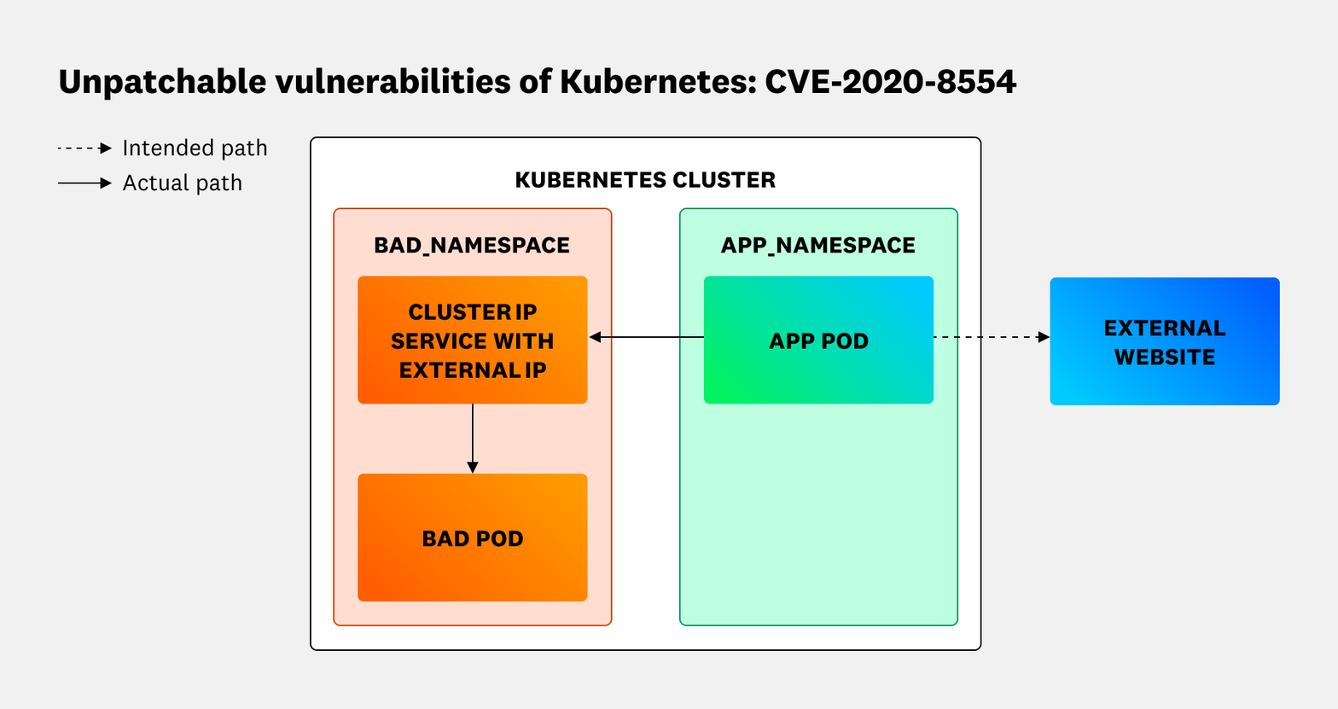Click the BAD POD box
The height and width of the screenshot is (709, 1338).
472,538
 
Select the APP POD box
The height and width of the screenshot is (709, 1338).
818,340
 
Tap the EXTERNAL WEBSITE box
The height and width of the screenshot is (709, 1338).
1164,341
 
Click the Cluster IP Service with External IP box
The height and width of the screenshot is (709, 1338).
472,340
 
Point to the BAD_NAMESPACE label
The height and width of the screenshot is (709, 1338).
472,246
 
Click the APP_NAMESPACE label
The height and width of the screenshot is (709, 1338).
817,246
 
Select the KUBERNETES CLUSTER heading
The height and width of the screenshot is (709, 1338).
645,180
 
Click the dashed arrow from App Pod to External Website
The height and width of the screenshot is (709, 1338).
990,337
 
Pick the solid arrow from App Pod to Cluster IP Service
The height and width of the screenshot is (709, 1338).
649,337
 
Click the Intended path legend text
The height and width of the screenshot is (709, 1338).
195,148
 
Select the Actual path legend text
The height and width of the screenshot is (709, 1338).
182,183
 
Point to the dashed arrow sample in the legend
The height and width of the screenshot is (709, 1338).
84,148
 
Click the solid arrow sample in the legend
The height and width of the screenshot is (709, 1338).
84,183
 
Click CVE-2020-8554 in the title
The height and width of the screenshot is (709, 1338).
890,82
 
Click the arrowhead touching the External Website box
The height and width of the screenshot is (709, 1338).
1044,337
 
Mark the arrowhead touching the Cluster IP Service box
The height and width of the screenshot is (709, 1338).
595,337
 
